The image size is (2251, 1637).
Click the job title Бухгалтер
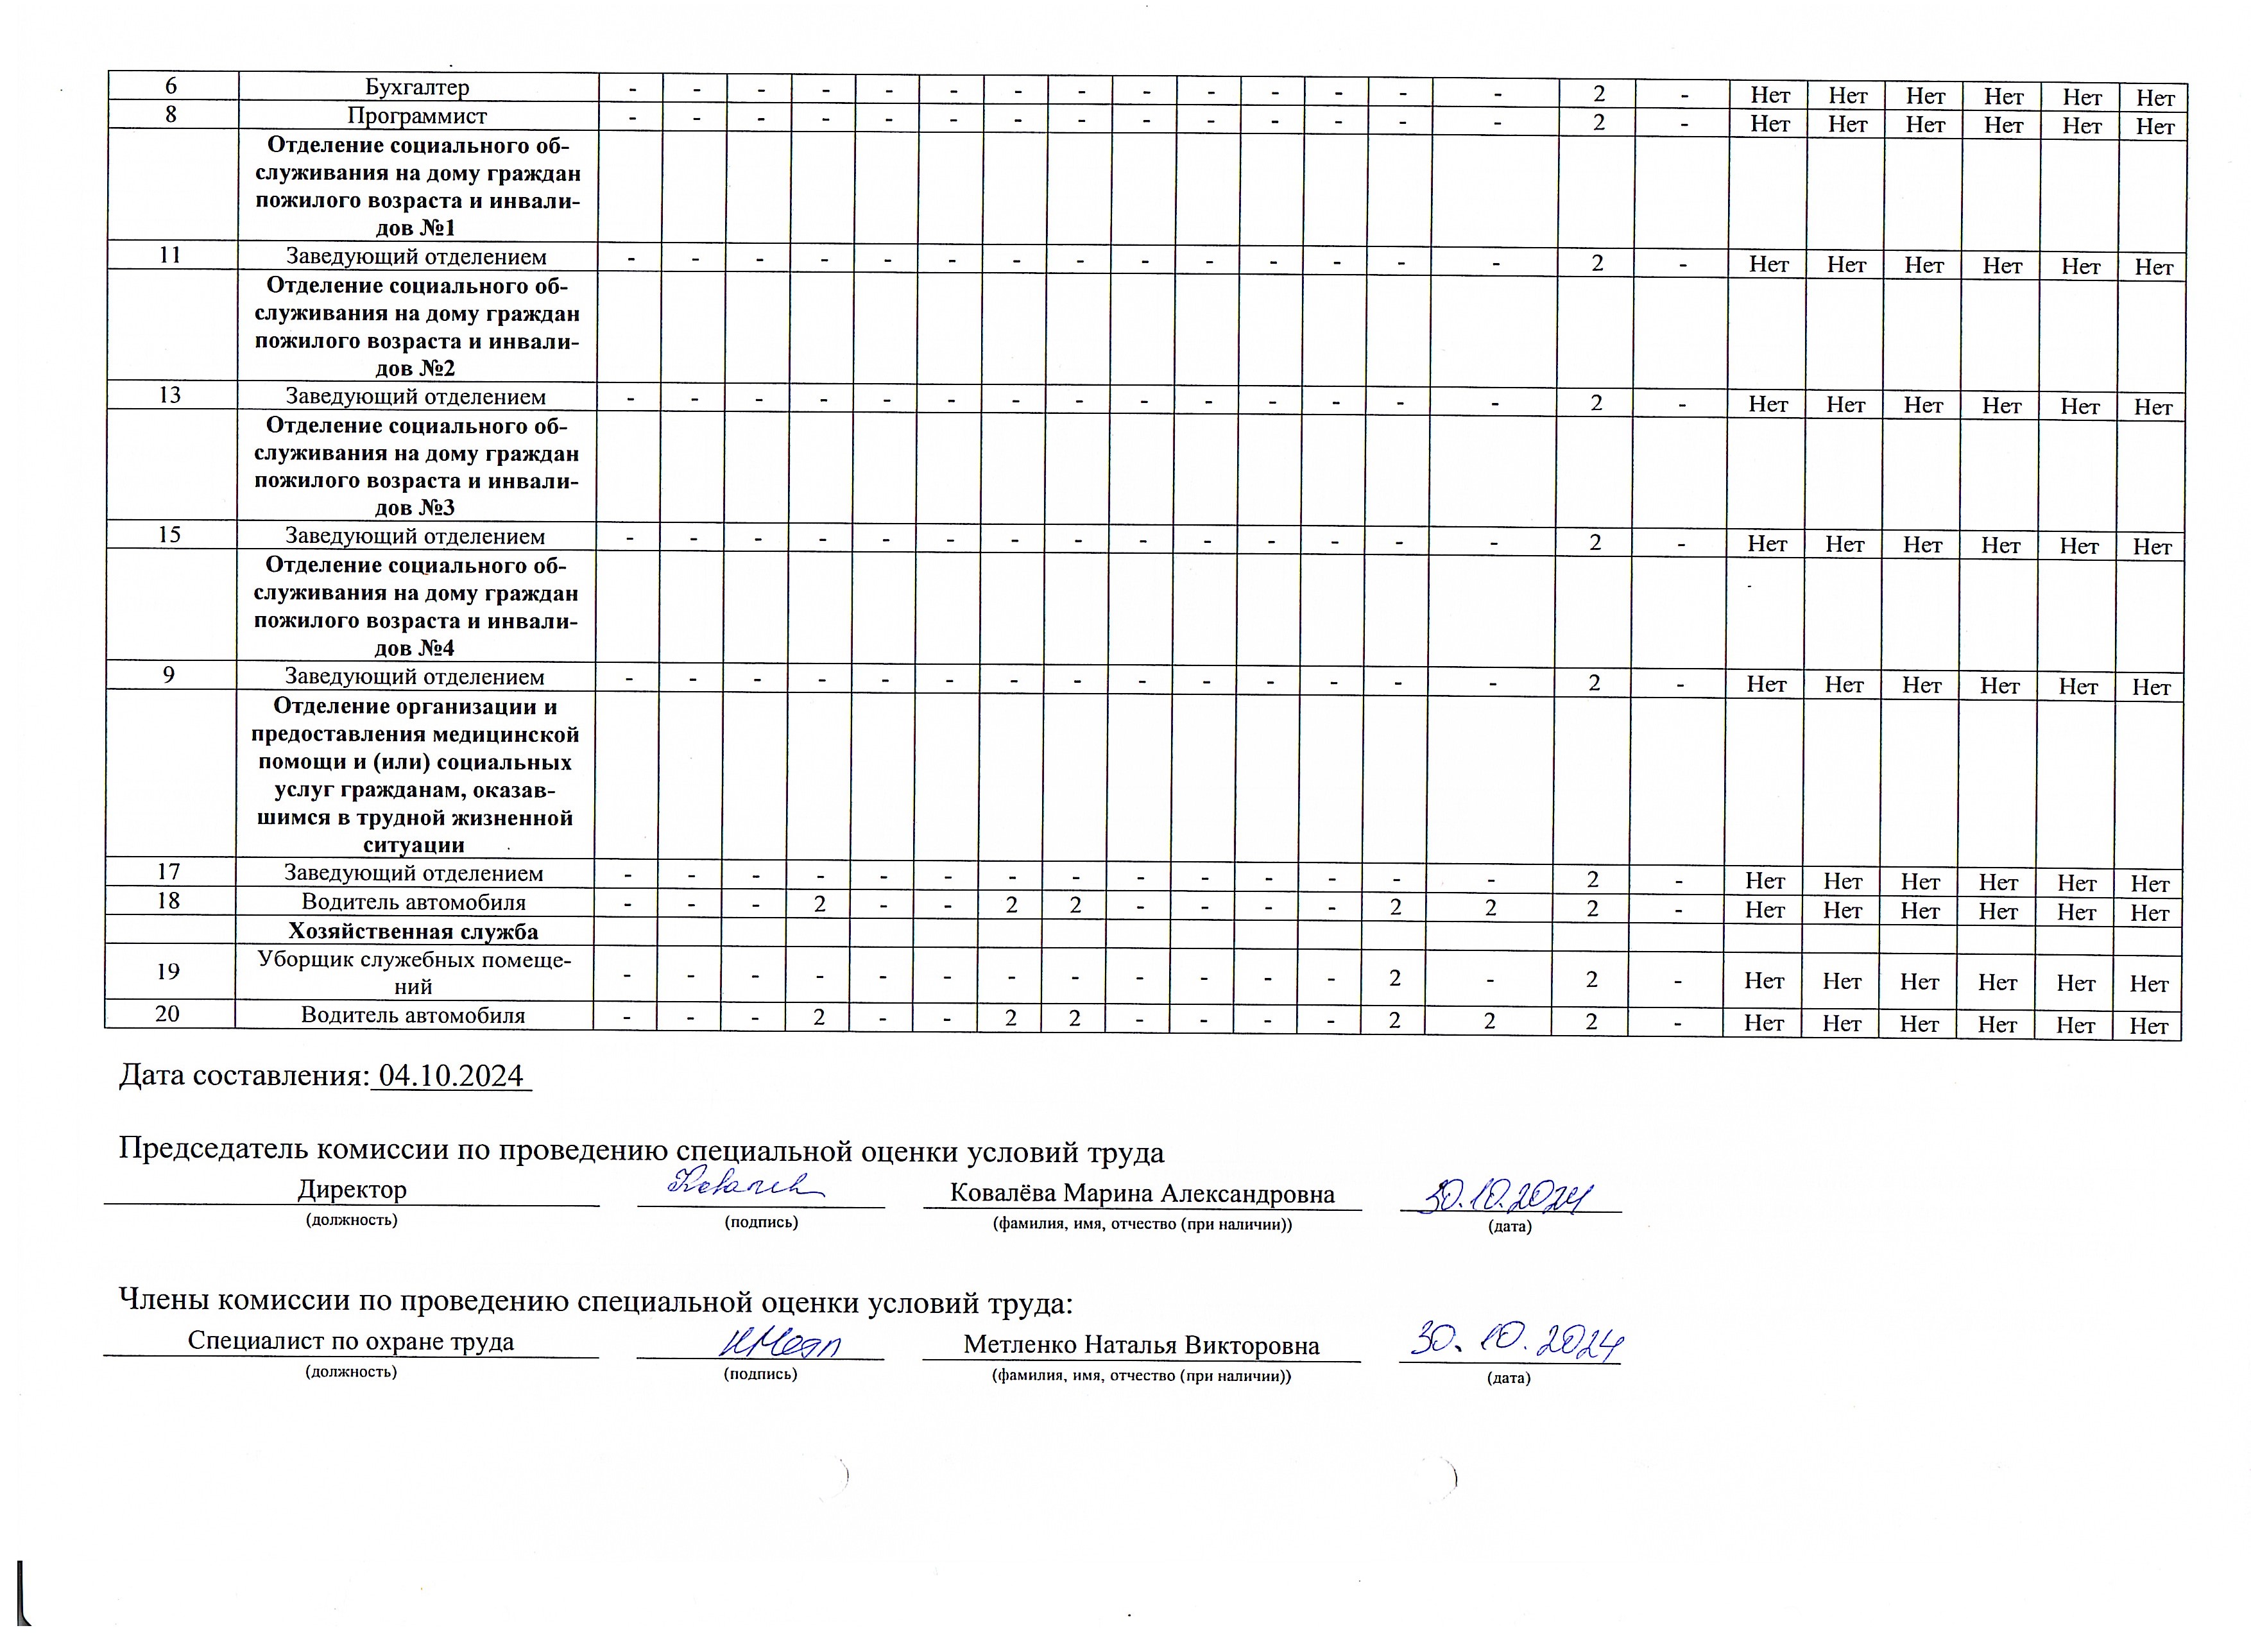click(417, 87)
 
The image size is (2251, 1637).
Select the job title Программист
click(417, 116)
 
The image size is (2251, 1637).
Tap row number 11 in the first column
click(171, 255)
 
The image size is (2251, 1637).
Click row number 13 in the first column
click(171, 395)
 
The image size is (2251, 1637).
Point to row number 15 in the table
click(169, 535)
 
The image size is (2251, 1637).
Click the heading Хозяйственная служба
click(413, 931)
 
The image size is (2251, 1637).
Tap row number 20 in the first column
click(167, 1013)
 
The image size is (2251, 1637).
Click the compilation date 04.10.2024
click(450, 1076)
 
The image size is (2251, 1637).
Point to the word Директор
click(352, 1189)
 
